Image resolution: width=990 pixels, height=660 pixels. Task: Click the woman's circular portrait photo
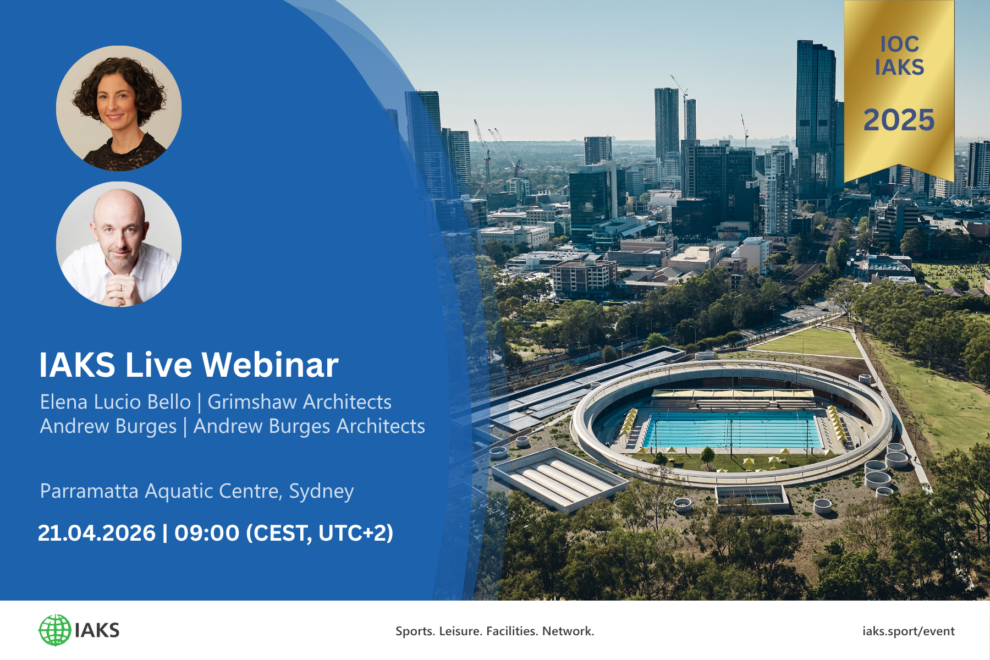tap(119, 108)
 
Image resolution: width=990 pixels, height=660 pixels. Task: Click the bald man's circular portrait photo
tap(119, 244)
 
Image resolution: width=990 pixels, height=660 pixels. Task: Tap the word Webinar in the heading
tap(270, 365)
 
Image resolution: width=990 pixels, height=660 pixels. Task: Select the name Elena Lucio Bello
tap(116, 402)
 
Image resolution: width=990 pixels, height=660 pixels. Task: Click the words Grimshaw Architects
tap(299, 402)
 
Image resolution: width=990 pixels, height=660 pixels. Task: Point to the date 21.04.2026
tap(97, 533)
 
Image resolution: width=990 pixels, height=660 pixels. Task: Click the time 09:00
tap(207, 533)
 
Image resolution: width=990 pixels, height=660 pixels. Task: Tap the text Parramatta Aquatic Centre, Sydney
tap(197, 491)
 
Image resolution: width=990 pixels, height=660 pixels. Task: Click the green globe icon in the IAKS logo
tap(55, 630)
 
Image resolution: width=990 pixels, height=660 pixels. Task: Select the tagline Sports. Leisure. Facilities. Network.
tap(494, 631)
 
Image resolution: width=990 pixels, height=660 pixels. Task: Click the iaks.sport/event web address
tap(908, 631)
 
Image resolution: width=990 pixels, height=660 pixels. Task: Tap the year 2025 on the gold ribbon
tap(899, 120)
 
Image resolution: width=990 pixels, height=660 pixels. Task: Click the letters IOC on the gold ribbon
tap(899, 44)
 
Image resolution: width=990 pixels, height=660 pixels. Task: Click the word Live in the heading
tap(158, 365)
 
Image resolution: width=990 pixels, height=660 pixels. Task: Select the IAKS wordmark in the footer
tap(97, 630)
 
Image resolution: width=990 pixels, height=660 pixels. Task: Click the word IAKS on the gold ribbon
tap(899, 67)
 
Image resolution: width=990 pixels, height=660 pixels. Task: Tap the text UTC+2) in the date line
tap(355, 533)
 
